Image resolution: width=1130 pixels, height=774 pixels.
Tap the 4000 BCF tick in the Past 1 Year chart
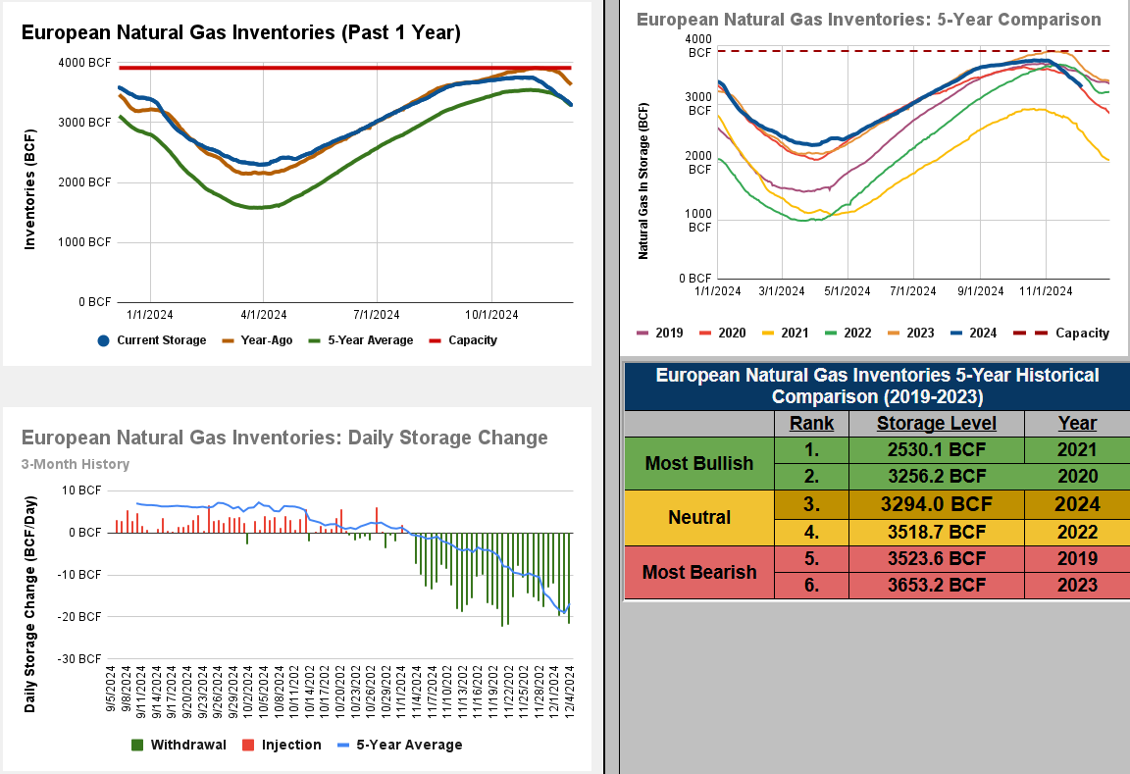(x=84, y=63)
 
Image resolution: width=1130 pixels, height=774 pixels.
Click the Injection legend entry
(x=291, y=745)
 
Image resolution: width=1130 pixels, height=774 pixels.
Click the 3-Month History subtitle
(x=76, y=464)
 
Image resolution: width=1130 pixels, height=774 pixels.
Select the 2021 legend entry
(x=795, y=333)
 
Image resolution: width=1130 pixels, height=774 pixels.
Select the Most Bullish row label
(x=699, y=463)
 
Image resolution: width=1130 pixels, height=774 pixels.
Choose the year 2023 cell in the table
(x=1076, y=586)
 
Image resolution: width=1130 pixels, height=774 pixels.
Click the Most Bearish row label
(x=699, y=572)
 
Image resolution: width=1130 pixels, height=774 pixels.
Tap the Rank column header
(x=811, y=423)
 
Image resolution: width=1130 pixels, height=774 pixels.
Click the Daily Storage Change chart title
(x=284, y=438)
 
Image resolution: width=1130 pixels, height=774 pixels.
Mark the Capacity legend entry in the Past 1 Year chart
(x=472, y=340)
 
